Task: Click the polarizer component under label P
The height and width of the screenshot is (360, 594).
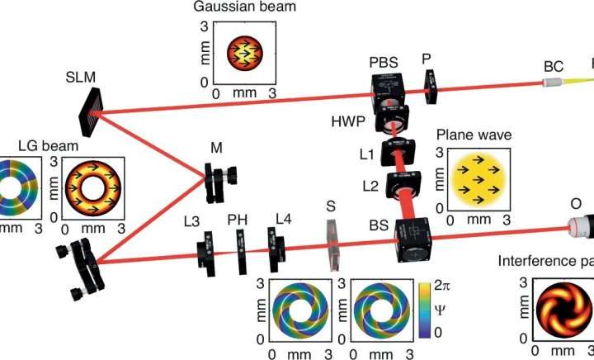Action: tap(431, 86)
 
